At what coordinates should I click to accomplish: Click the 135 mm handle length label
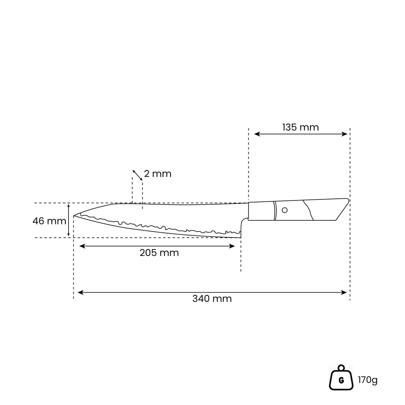300,127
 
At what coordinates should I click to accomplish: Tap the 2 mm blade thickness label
158,174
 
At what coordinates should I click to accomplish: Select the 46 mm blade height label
49,221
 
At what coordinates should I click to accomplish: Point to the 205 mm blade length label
159,253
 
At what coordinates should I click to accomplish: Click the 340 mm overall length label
212,299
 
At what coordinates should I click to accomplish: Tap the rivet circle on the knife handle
285,210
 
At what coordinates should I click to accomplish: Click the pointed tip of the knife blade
74,216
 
